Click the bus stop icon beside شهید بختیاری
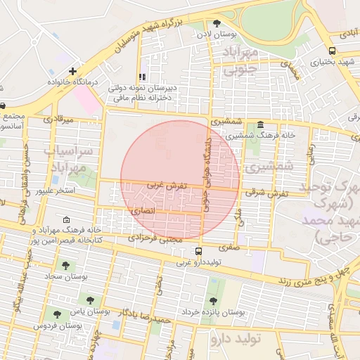[x=332, y=51]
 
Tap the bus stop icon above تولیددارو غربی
[x=199, y=251]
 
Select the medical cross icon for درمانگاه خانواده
[x=73, y=72]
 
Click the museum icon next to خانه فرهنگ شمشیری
[x=260, y=124]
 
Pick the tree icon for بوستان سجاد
[x=65, y=266]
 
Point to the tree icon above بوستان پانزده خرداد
[x=214, y=299]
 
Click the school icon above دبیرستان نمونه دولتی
[x=142, y=77]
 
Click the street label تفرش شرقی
[x=264, y=191]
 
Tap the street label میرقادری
[x=58, y=120]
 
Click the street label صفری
[x=229, y=247]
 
